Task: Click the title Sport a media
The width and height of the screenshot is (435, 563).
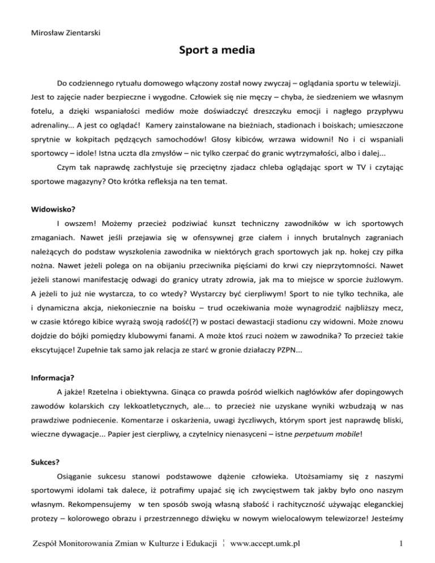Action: point(217,52)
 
